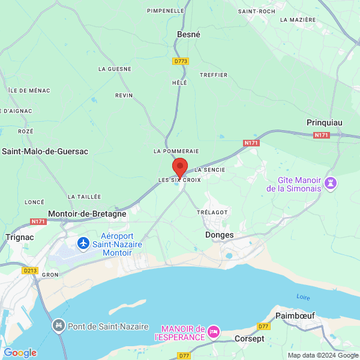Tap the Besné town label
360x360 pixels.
(x=188, y=35)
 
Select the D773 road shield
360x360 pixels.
(x=180, y=61)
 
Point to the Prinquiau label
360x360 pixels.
(x=324, y=122)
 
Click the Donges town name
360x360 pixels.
(x=219, y=235)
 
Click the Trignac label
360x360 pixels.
(x=19, y=237)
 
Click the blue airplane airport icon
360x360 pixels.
(x=83, y=243)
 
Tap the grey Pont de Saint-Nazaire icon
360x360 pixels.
(x=59, y=326)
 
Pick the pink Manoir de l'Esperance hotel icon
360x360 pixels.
(x=214, y=332)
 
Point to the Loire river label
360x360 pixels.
(x=304, y=298)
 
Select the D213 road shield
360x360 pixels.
(x=30, y=271)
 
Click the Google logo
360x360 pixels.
(x=20, y=353)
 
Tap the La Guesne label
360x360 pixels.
(x=115, y=69)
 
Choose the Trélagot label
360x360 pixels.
(x=212, y=213)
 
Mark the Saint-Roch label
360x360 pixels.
(x=256, y=11)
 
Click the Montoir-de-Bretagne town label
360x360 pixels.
(x=86, y=214)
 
